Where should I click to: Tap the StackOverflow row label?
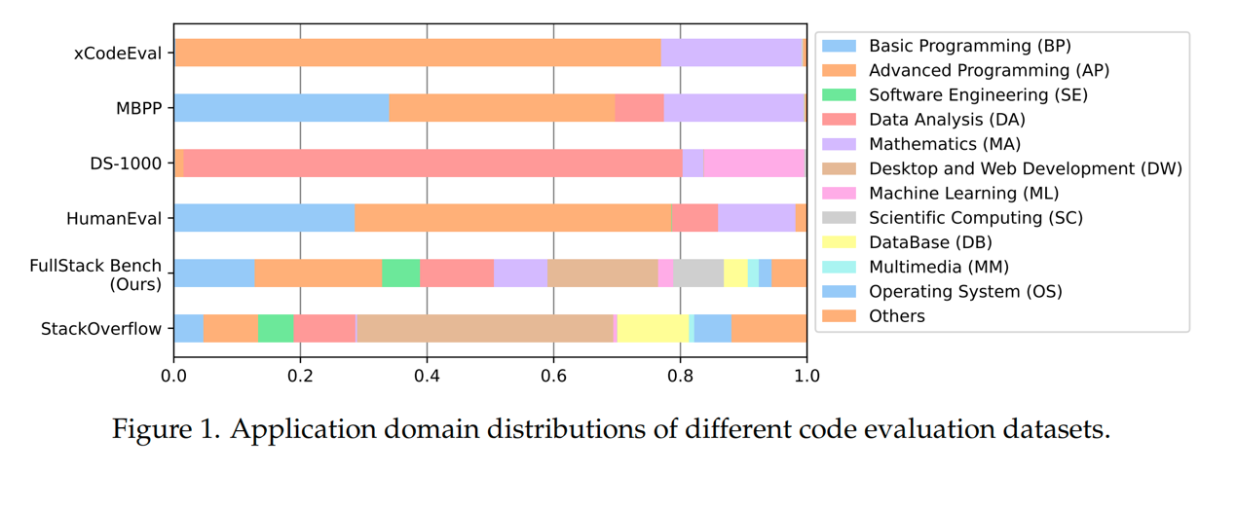coord(100,329)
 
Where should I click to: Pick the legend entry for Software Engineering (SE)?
coord(978,95)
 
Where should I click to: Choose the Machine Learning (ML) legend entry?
coord(963,194)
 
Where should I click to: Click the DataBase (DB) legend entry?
coord(930,242)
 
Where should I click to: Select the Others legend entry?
coord(897,316)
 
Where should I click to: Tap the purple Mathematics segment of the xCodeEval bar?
coord(731,53)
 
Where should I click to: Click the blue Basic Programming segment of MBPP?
coord(281,108)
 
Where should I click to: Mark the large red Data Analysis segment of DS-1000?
coord(432,164)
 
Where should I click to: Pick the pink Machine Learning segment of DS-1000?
coord(754,164)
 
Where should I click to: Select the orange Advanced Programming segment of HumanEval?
coord(513,218)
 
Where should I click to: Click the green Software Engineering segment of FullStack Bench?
coord(400,273)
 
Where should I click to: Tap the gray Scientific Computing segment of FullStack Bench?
coord(698,273)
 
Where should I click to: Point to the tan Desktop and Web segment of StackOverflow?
coord(485,329)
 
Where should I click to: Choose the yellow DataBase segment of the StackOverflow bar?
coord(653,329)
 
